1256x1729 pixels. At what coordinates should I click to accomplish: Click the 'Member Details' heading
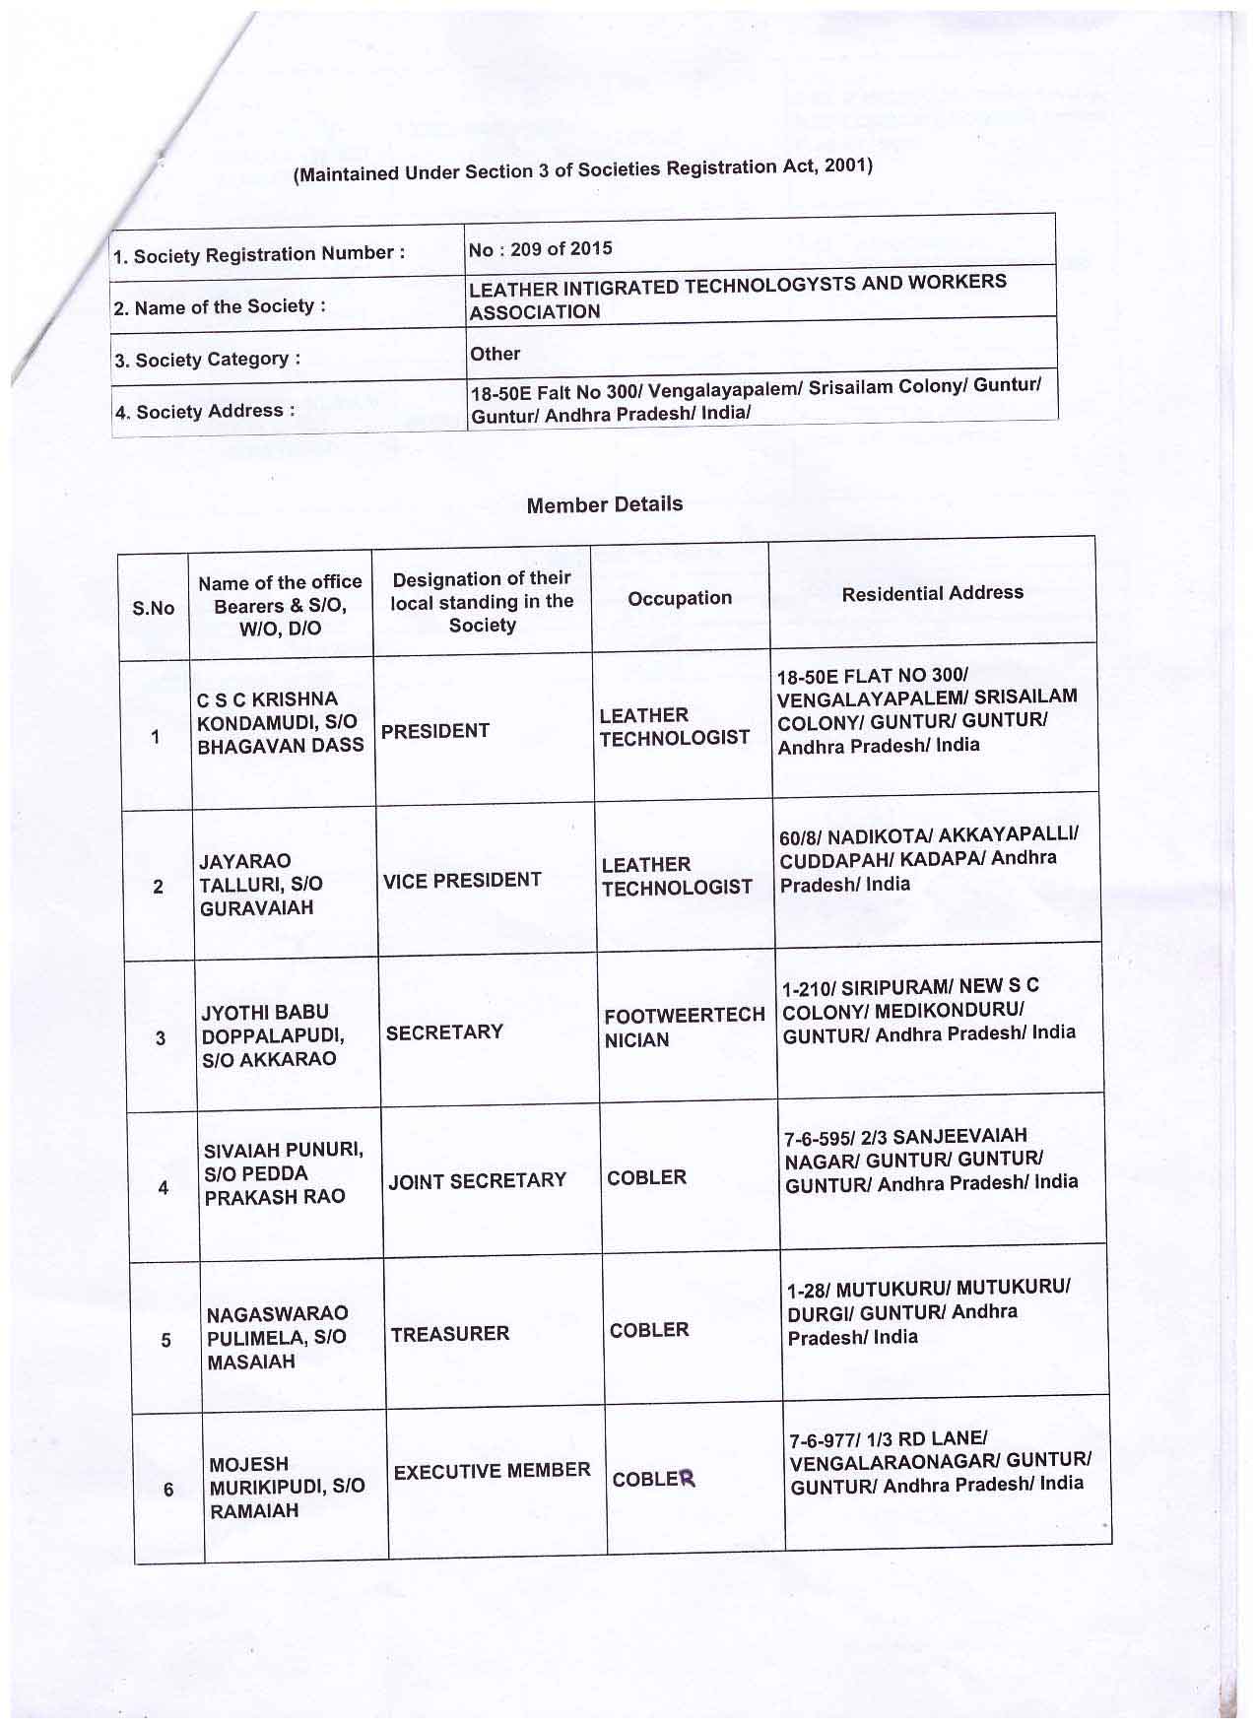click(x=604, y=504)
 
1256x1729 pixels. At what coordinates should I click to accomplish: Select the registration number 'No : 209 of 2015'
click(x=540, y=248)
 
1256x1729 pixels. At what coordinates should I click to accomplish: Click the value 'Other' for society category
click(x=495, y=354)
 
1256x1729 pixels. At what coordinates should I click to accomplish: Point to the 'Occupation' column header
click(x=680, y=598)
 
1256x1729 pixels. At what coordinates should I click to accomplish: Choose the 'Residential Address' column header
click(x=932, y=593)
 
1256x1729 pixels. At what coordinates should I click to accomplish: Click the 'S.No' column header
click(x=153, y=608)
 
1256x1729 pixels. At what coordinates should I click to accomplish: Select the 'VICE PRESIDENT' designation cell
click(x=461, y=881)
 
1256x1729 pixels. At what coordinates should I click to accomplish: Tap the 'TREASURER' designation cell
click(x=449, y=1334)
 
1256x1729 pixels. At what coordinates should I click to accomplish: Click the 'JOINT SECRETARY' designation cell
click(x=477, y=1180)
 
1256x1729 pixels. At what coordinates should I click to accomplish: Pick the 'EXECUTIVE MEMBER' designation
click(x=492, y=1471)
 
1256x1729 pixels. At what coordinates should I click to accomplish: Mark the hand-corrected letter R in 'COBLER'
click(x=687, y=1479)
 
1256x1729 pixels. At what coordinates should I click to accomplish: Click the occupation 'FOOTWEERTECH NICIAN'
click(x=684, y=1028)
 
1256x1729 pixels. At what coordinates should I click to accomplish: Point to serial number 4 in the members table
click(x=163, y=1188)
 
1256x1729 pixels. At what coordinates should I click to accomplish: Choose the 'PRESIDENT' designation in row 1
click(x=434, y=731)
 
